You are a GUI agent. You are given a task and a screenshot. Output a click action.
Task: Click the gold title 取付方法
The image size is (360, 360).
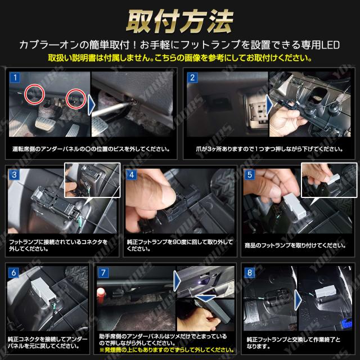tap(180, 21)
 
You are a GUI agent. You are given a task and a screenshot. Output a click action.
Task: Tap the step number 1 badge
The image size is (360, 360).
tap(15, 78)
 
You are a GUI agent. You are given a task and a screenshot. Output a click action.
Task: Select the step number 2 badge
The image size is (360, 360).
tap(192, 78)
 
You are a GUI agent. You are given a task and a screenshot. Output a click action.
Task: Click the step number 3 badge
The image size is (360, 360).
tap(14, 175)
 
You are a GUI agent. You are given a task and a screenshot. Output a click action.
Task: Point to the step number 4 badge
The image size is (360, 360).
tap(132, 175)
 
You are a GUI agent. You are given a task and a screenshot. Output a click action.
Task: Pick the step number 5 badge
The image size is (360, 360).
tap(250, 175)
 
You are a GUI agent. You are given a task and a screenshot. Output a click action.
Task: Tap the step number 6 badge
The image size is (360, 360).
tap(13, 272)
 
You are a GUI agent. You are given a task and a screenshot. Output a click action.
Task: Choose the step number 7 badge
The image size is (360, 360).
tap(103, 272)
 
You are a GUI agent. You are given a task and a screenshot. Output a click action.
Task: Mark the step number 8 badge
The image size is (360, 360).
tap(250, 272)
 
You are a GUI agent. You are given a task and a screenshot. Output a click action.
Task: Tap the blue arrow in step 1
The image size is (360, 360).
tap(92, 105)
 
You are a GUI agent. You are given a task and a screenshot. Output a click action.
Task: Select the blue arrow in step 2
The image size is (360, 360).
tap(269, 105)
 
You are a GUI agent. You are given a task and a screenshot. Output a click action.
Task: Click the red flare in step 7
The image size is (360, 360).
tap(101, 294)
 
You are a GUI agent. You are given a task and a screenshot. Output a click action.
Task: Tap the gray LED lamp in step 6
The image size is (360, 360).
tap(43, 291)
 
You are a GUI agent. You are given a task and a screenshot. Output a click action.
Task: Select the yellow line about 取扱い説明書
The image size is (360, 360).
tap(180, 57)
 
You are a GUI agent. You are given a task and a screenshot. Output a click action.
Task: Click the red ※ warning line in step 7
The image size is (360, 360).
tap(167, 350)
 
